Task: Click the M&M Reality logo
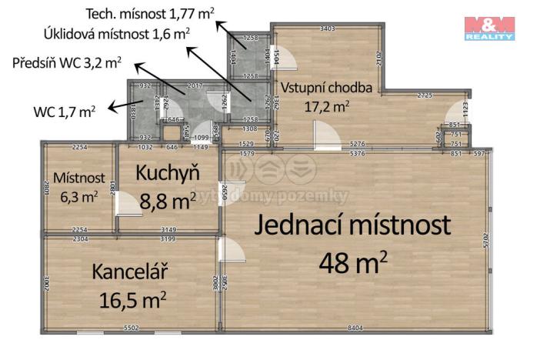click(489, 27)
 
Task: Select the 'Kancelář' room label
click(130, 272)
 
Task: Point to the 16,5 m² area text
click(133, 298)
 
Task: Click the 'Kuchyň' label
click(166, 174)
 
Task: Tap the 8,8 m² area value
click(167, 202)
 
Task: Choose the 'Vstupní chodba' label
click(326, 88)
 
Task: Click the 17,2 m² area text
click(326, 106)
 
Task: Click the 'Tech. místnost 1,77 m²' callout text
click(149, 13)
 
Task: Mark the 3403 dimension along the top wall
click(327, 28)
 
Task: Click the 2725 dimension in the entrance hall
click(424, 95)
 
